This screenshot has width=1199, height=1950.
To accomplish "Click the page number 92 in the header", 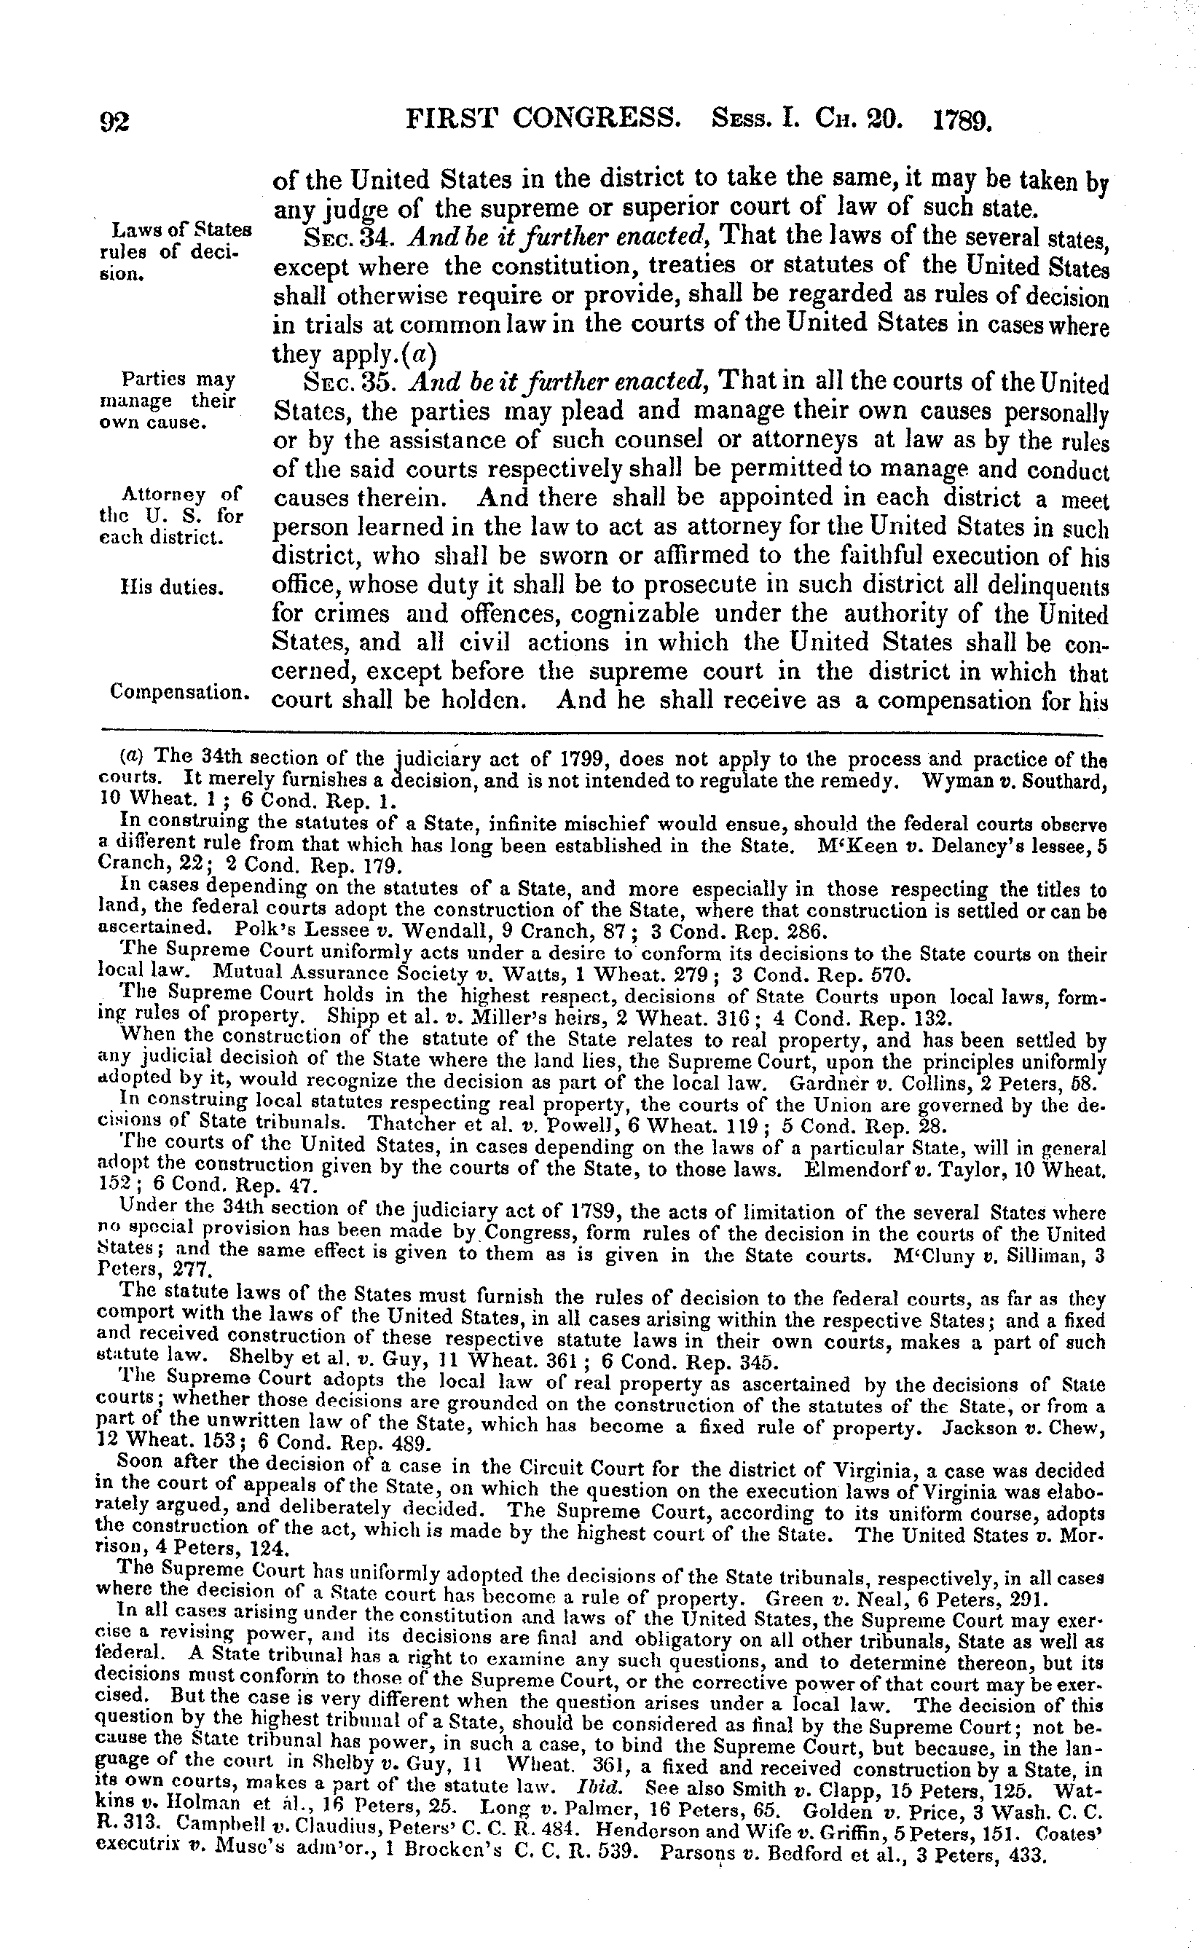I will click(x=118, y=122).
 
